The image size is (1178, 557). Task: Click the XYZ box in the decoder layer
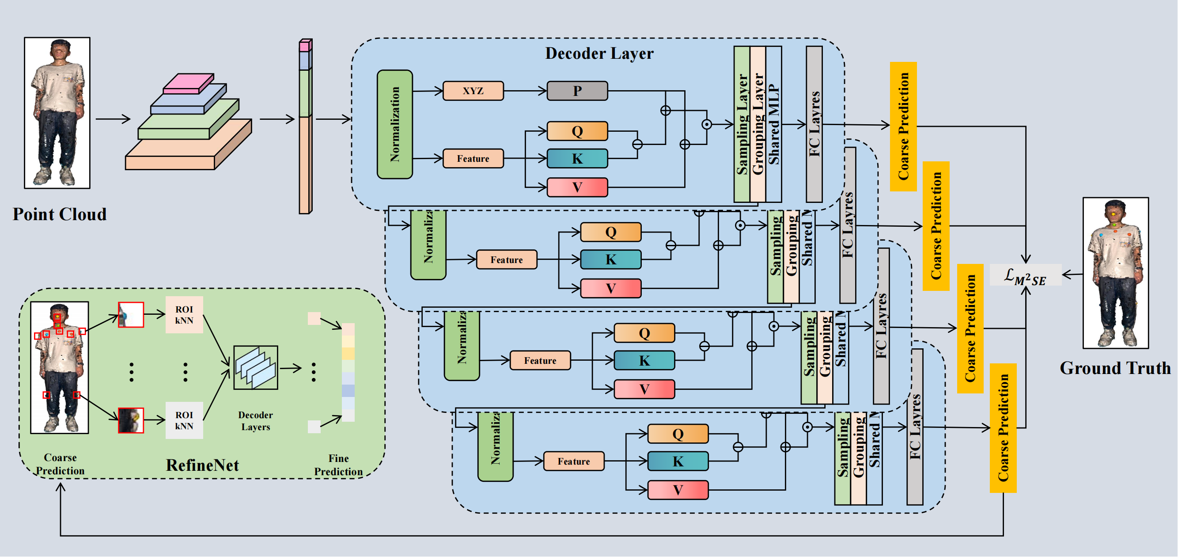click(473, 91)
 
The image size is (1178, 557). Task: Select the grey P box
click(577, 91)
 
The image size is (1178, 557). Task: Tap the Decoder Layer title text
click(599, 53)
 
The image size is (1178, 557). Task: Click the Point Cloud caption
click(60, 214)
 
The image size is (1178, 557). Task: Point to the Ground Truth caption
click(1115, 368)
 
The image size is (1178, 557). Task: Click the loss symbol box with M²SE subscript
click(1025, 275)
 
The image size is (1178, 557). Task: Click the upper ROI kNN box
click(184, 315)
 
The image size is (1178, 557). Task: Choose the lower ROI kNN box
click(184, 420)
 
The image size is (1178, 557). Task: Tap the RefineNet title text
click(202, 465)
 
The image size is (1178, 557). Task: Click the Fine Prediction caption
click(338, 465)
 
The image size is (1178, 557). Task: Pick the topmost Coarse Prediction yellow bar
click(903, 126)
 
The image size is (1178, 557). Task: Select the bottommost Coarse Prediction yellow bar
click(1003, 428)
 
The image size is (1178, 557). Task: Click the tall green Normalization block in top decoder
click(394, 124)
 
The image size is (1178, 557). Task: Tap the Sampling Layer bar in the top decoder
click(742, 124)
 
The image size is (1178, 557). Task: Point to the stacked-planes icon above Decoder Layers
click(256, 367)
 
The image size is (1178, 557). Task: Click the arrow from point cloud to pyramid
click(113, 119)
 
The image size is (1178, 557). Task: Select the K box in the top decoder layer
click(577, 158)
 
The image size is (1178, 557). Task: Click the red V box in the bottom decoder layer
click(678, 490)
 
